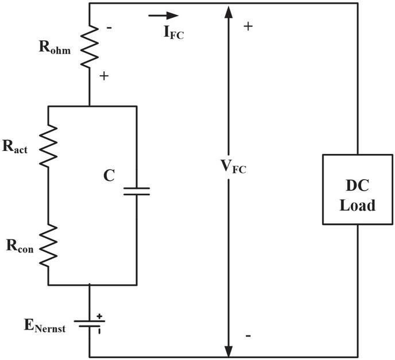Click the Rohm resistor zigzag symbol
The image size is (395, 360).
[90, 47]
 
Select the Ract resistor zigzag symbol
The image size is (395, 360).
[48, 146]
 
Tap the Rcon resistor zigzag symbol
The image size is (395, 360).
[48, 245]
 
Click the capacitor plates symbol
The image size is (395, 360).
[137, 191]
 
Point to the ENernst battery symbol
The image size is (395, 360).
[90, 323]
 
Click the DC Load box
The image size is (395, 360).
[358, 189]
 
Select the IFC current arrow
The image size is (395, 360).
[164, 16]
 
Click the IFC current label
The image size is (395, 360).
[174, 33]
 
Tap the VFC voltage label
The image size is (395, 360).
[233, 167]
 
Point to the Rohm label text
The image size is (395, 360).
[55, 47]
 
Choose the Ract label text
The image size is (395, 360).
[15, 146]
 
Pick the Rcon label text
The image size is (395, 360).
[20, 246]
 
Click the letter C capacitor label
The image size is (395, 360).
[109, 176]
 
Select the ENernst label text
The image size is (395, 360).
[45, 326]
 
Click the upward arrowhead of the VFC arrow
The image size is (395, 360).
[229, 11]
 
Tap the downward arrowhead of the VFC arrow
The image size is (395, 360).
[229, 351]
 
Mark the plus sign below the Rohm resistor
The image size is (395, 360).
[104, 76]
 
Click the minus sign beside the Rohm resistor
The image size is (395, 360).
[109, 28]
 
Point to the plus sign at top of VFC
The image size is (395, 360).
[248, 26]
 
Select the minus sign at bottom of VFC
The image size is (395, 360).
[248, 336]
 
